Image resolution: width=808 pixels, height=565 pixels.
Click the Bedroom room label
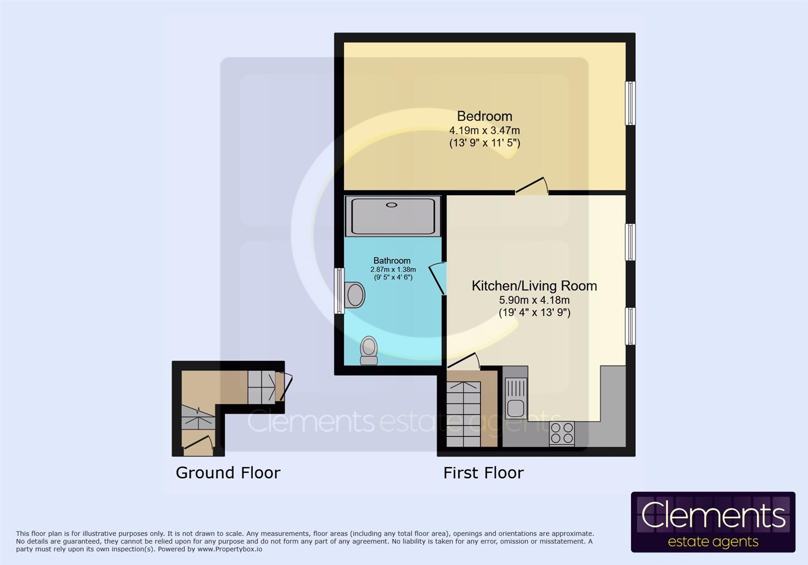pos(484,116)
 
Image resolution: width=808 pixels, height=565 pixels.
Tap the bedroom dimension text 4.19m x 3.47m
pos(484,130)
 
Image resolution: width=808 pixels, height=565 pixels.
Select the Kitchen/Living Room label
pos(534,286)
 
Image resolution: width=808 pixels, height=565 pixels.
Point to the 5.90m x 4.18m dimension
pos(534,300)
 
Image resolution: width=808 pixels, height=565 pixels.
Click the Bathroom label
pos(391,261)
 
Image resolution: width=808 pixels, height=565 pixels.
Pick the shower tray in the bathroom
pos(392,216)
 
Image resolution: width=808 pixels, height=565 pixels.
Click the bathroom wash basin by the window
pos(355,295)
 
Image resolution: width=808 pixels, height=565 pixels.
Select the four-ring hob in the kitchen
pos(562,433)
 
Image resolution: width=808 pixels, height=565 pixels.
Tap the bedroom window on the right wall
pos(631,103)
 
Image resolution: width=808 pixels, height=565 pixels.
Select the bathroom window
pos(339,291)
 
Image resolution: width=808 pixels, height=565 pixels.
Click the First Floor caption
pos(483,473)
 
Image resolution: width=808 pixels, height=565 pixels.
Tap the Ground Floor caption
pos(228,473)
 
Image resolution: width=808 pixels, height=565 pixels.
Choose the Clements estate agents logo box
pos(713,522)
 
